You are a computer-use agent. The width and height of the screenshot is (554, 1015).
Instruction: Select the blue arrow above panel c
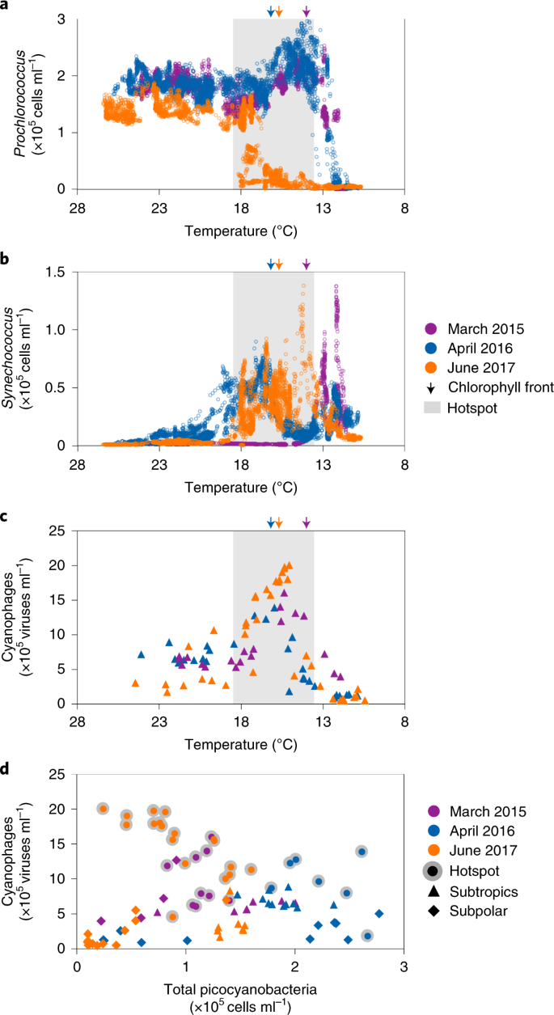point(270,524)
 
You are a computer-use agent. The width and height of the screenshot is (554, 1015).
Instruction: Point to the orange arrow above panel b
point(279,264)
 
